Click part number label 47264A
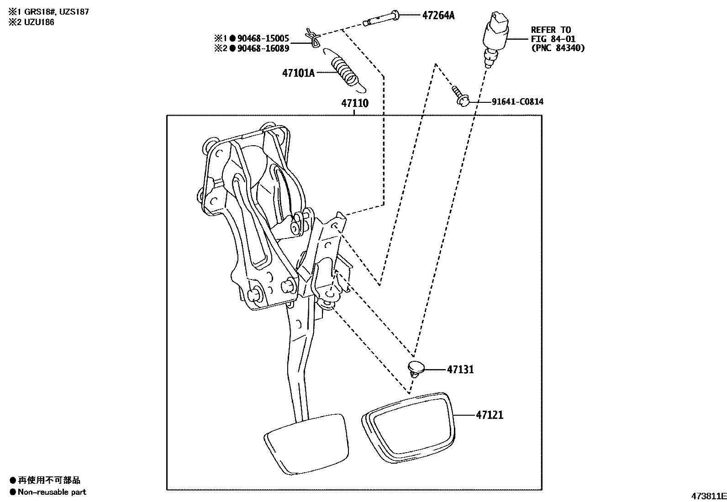point(438,16)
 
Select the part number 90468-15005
point(263,39)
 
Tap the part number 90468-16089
point(263,48)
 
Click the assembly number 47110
point(354,103)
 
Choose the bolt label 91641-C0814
point(517,101)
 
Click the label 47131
point(460,369)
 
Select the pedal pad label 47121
point(490,415)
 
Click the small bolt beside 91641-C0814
point(460,96)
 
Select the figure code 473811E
point(708,496)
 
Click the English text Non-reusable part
point(52,492)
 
